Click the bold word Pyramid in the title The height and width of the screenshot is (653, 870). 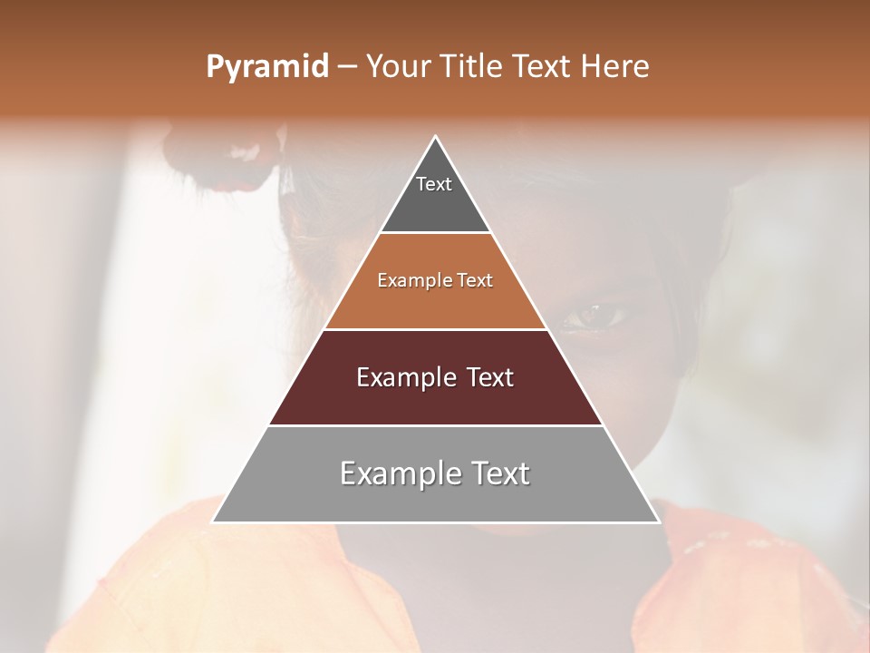(x=267, y=67)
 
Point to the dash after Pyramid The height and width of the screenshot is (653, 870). (x=347, y=67)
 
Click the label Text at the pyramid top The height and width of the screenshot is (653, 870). (x=434, y=184)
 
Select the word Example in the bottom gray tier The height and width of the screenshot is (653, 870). (x=397, y=473)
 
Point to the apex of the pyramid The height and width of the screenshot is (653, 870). (x=436, y=137)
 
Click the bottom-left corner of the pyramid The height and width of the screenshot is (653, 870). (x=213, y=521)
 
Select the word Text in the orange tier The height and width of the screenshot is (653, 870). (x=475, y=281)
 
